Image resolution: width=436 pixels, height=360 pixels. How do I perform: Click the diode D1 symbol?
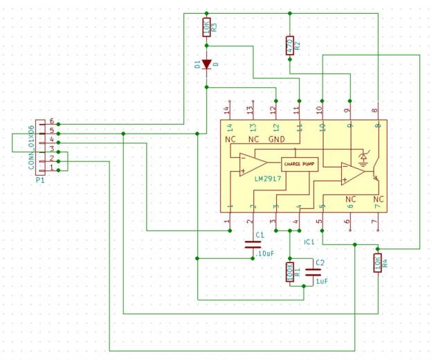[206, 64]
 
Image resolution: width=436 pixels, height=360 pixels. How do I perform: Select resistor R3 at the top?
[206, 27]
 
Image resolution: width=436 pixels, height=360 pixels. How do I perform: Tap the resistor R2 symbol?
[289, 46]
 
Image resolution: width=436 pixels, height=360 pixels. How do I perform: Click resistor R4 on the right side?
[377, 262]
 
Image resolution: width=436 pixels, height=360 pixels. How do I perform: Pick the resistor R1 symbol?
[289, 272]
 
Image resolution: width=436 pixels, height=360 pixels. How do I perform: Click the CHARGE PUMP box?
[299, 164]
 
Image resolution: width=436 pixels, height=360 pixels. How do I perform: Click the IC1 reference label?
[309, 242]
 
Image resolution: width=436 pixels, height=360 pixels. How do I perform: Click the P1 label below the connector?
[39, 179]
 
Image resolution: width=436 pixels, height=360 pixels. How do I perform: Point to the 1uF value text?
[321, 282]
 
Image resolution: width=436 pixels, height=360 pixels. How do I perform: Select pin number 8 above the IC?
[375, 109]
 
